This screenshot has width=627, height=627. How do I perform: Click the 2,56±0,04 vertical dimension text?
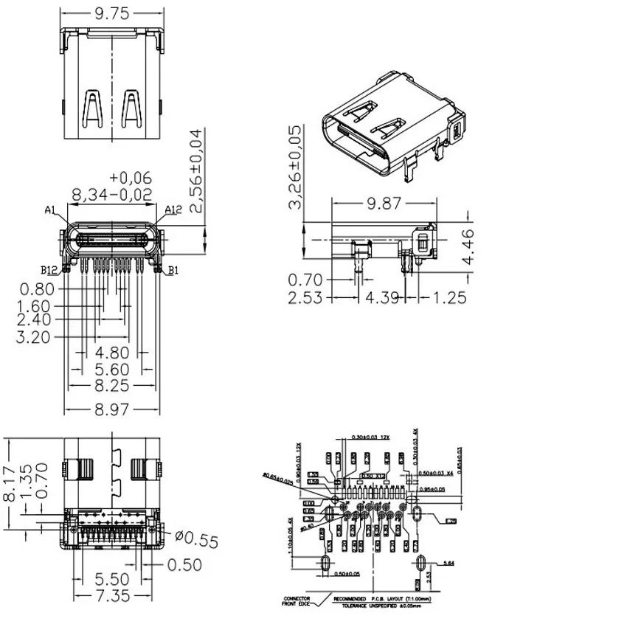pos(195,171)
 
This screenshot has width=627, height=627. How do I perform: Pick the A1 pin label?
pos(51,210)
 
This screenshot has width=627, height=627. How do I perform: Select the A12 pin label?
pos(173,210)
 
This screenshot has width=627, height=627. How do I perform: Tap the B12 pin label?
pos(49,270)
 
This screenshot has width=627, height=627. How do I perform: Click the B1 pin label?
pos(173,271)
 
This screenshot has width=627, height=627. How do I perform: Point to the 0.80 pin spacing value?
pos(37,289)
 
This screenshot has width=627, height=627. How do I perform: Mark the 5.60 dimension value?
pos(111,369)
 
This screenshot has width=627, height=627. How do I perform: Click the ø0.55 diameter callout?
pos(197,539)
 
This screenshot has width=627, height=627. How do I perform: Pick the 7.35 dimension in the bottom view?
pos(111,595)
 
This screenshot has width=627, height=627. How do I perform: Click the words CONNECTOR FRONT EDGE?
pos(297,602)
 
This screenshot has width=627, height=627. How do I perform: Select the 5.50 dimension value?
pos(111,579)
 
